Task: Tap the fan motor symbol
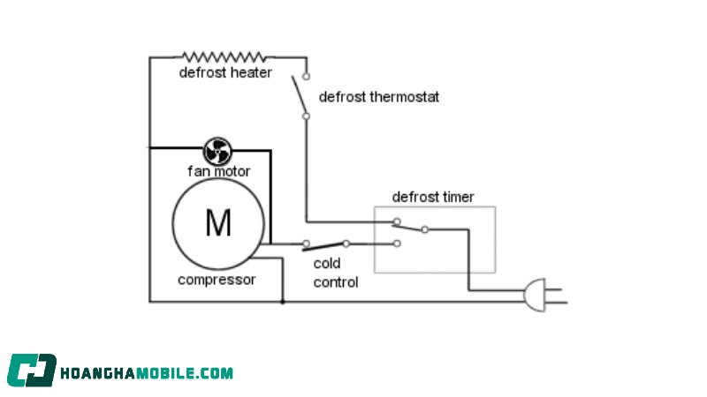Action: pyautogui.click(x=217, y=149)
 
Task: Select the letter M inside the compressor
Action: pyautogui.click(x=217, y=223)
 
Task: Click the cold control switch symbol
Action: pyautogui.click(x=326, y=244)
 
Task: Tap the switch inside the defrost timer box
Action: pyautogui.click(x=411, y=226)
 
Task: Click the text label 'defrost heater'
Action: pyautogui.click(x=225, y=72)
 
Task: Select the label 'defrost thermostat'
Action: pyautogui.click(x=379, y=96)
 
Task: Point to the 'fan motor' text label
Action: pyautogui.click(x=218, y=170)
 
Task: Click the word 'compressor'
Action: pyautogui.click(x=217, y=281)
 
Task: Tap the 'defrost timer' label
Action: pyautogui.click(x=433, y=197)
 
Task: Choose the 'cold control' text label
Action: pyautogui.click(x=336, y=273)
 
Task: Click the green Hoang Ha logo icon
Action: pyautogui.click(x=32, y=371)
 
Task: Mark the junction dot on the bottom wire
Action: pyautogui.click(x=282, y=302)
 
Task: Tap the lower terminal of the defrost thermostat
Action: pyautogui.click(x=306, y=116)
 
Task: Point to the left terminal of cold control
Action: pyautogui.click(x=306, y=243)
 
